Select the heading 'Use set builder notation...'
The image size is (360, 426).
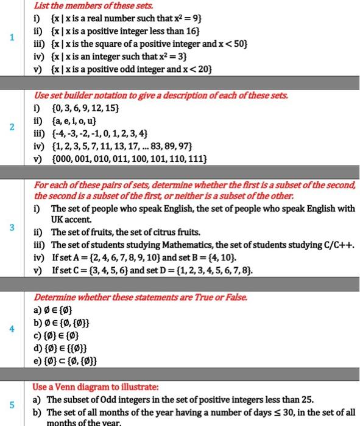[161, 96]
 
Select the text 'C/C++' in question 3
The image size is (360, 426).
[339, 245]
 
